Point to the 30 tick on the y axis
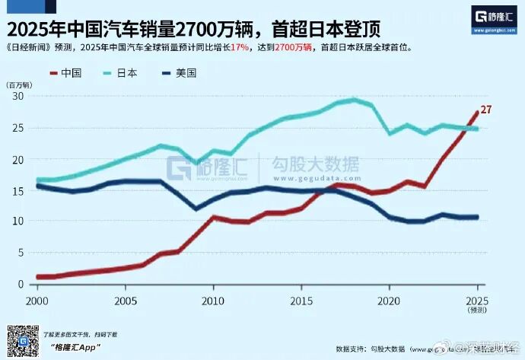[19, 97]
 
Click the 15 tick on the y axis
[19, 190]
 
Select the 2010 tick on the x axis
[212, 300]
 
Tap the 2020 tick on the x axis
[389, 300]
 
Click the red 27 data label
[485, 110]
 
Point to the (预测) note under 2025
[476, 310]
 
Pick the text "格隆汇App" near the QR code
[77, 346]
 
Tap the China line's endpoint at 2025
[478, 113]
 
